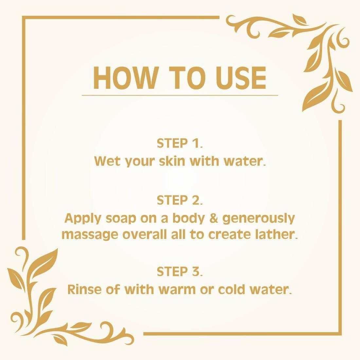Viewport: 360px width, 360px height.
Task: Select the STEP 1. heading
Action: (x=180, y=143)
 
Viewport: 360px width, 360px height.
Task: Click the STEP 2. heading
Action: (x=180, y=200)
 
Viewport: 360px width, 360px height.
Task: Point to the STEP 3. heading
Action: (x=180, y=272)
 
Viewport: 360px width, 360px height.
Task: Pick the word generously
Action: (x=259, y=219)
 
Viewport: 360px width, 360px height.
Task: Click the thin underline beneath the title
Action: (x=180, y=95)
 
